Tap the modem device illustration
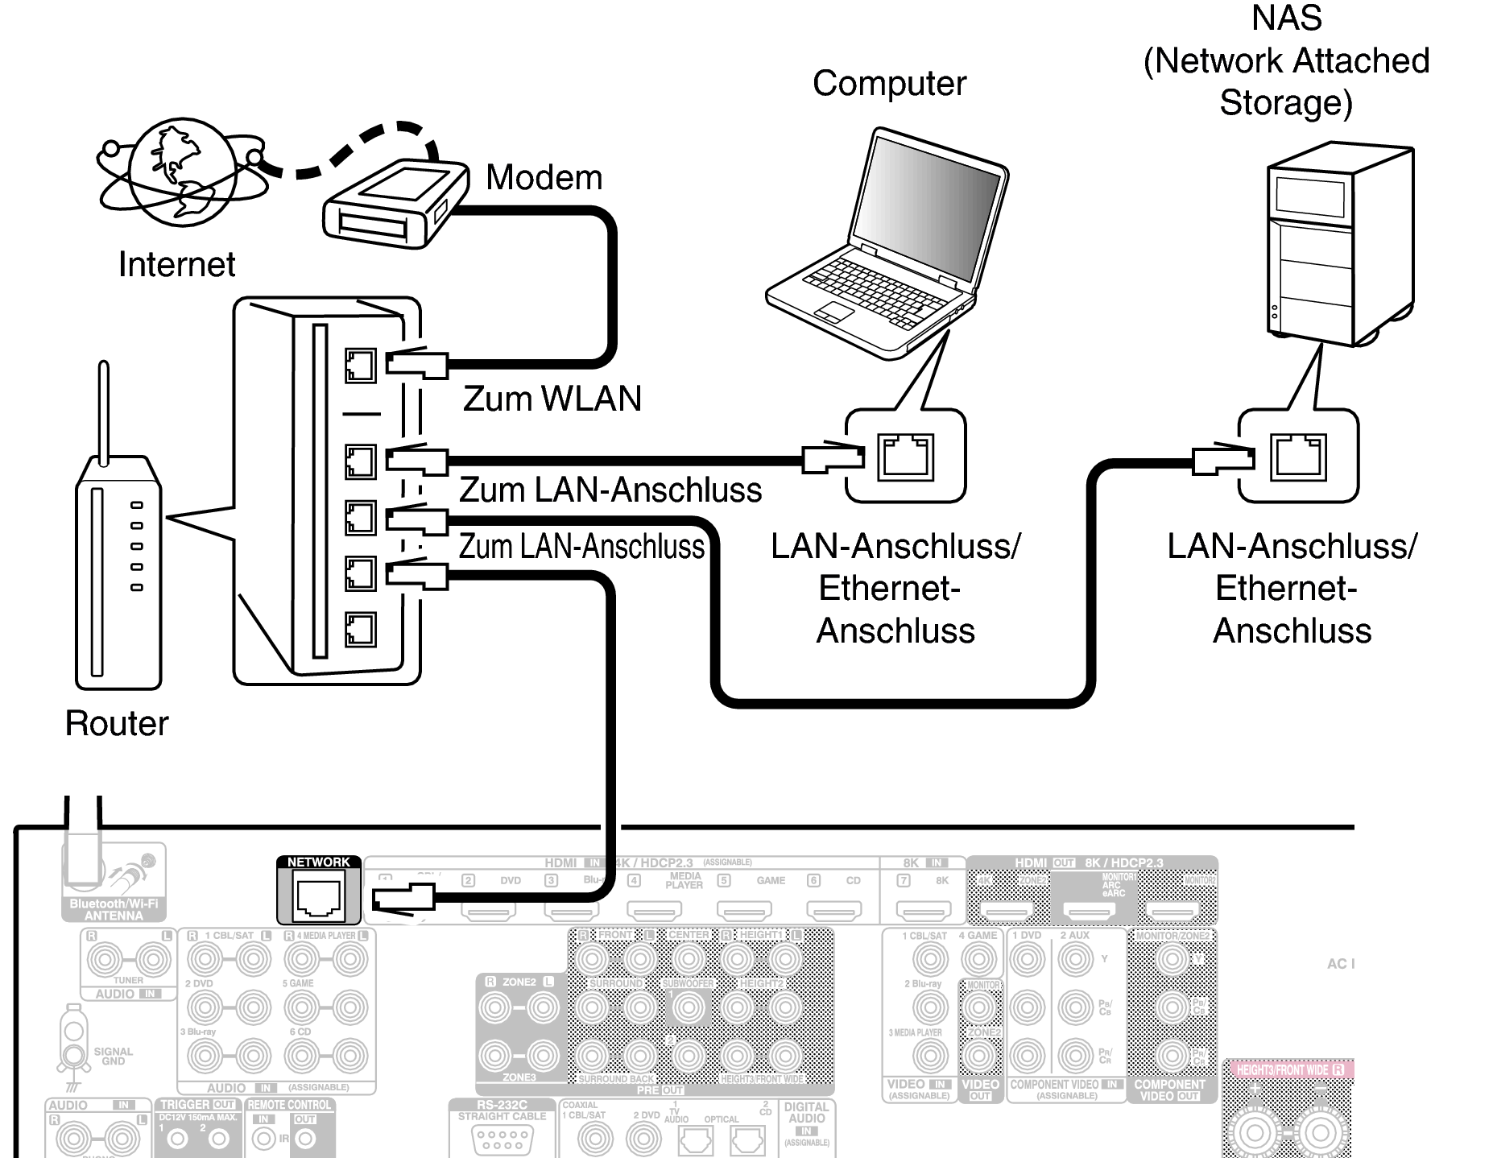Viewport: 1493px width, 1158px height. pyautogui.click(x=395, y=203)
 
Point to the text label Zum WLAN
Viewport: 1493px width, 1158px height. pyautogui.click(x=552, y=399)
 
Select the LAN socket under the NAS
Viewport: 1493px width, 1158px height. pyautogui.click(x=1298, y=457)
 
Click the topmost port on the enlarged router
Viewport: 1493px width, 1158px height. pyautogui.click(x=360, y=366)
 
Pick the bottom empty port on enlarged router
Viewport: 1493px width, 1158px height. pyautogui.click(x=360, y=630)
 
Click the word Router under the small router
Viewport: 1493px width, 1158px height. pyautogui.click(x=117, y=723)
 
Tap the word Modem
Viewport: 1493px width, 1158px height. pyautogui.click(x=544, y=177)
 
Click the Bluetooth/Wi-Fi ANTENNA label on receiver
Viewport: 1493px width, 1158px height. pyautogui.click(x=114, y=910)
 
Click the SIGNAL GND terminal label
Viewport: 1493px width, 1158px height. pyautogui.click(x=113, y=1056)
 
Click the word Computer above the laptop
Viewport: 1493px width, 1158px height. pyautogui.click(x=889, y=84)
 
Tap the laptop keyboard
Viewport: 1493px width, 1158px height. pyautogui.click(x=870, y=286)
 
